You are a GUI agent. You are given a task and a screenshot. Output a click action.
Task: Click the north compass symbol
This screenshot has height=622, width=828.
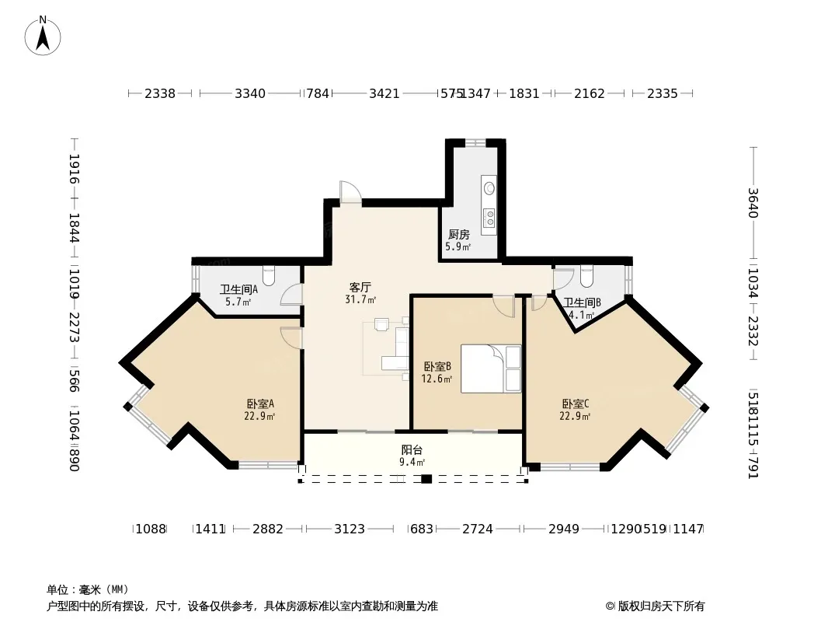(x=43, y=36)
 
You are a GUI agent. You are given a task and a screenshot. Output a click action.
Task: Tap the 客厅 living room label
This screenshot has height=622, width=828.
(x=360, y=287)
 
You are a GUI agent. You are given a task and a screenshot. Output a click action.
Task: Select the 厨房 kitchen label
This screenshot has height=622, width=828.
(x=458, y=235)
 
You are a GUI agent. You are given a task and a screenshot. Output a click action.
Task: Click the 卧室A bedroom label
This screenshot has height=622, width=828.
(x=260, y=404)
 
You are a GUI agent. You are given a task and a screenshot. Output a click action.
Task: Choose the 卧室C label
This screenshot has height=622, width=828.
(x=576, y=404)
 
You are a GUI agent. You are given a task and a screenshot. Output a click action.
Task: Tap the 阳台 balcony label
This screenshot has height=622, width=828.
(x=412, y=450)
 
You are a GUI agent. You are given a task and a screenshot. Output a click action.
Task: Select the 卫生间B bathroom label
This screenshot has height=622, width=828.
(x=582, y=303)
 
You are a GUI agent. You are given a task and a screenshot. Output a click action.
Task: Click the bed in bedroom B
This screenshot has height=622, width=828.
(x=491, y=369)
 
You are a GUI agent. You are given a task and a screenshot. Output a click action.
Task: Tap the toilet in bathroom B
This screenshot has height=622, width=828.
(x=586, y=274)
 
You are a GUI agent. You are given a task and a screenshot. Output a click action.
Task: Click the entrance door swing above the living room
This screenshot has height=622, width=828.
(x=350, y=192)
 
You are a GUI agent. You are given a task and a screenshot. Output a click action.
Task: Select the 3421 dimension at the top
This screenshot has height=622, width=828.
(x=384, y=93)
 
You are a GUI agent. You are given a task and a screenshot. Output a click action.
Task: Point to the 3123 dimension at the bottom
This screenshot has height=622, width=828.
(x=350, y=529)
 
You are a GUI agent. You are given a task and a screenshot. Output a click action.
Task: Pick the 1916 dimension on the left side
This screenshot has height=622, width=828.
(x=75, y=169)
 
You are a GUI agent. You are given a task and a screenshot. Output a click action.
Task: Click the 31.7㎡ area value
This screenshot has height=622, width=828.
(x=360, y=299)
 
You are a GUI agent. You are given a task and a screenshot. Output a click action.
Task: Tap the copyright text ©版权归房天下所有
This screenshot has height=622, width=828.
(x=655, y=606)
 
